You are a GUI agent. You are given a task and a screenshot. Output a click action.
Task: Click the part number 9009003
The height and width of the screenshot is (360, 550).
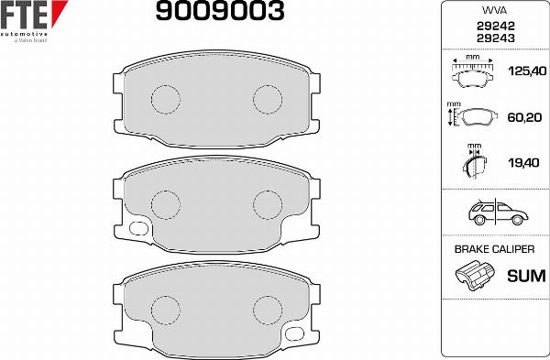(217, 12)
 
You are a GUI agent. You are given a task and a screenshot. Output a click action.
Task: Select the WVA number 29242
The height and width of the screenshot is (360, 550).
(494, 27)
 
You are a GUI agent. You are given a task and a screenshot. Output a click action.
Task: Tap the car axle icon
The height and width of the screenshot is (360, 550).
(493, 214)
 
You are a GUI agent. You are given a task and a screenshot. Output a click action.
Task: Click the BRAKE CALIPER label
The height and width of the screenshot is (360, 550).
(494, 249)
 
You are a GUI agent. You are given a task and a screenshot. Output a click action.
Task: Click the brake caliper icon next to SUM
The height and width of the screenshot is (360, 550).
(474, 275)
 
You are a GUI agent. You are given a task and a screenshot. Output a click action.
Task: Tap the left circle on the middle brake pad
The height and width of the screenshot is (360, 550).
(165, 202)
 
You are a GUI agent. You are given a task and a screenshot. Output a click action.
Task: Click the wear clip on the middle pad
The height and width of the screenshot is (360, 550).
(139, 229)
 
